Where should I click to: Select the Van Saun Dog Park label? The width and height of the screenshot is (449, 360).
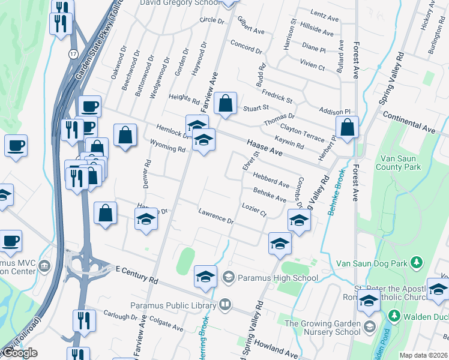pyautogui.click(x=372, y=263)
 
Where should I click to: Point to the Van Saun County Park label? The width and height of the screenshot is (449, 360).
pyautogui.click(x=399, y=163)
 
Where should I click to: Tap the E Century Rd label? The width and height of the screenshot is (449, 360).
pyautogui.click(x=136, y=275)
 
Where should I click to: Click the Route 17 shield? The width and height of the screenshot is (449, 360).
pyautogui.click(x=72, y=53)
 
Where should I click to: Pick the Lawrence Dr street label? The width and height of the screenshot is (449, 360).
pyautogui.click(x=215, y=217)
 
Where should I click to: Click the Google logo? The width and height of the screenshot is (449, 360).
pyautogui.click(x=20, y=353)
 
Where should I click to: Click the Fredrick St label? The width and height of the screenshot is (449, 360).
pyautogui.click(x=277, y=96)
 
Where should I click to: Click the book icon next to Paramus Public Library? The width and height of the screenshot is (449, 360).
pyautogui.click(x=224, y=305)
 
